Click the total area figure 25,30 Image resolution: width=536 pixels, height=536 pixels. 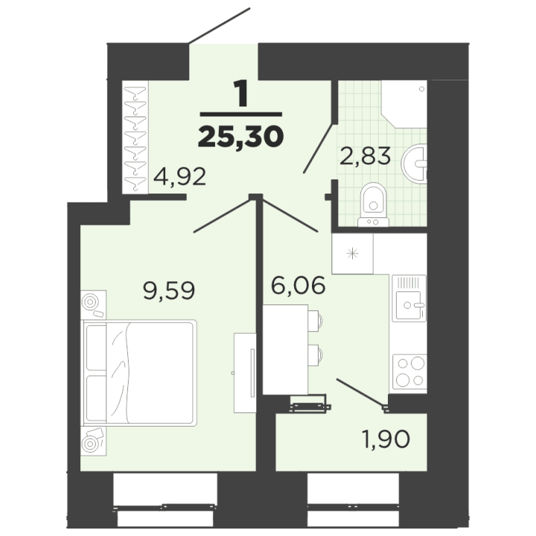(240, 137)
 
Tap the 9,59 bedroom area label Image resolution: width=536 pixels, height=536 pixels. (169, 290)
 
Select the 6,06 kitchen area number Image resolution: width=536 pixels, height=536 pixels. (298, 285)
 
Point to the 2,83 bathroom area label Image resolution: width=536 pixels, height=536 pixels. (365, 156)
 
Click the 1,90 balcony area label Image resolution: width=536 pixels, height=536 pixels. (386, 439)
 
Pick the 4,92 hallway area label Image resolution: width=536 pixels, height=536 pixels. (179, 176)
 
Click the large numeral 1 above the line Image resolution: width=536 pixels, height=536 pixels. (242, 94)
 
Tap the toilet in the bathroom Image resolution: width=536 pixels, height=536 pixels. (373, 205)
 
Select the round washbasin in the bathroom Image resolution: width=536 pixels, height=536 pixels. (415, 163)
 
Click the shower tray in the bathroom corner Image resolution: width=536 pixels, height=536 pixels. (405, 104)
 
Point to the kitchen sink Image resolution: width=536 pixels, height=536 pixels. (409, 298)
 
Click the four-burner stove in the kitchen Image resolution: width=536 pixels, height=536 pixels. (410, 372)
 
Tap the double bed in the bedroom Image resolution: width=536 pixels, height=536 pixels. (138, 373)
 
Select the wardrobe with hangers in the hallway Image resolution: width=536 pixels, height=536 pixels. (135, 138)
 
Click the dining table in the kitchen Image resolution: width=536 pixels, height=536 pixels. (285, 349)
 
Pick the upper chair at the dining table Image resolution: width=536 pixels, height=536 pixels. (315, 321)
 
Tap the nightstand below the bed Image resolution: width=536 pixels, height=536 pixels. (93, 441)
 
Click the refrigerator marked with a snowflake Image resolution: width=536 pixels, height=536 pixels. (352, 254)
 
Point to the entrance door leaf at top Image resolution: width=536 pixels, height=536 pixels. (220, 26)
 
